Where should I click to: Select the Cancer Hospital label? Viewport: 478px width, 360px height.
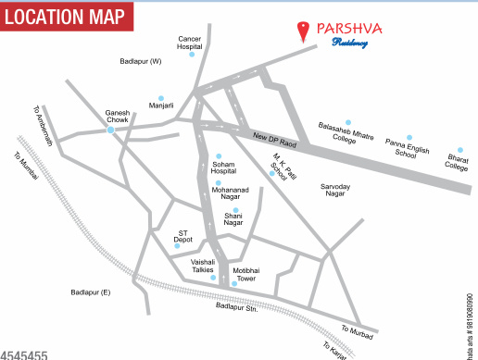pos(190,43)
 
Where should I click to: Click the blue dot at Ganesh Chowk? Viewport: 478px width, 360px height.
pos(110,130)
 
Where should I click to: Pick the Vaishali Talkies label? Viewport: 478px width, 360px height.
pos(203,267)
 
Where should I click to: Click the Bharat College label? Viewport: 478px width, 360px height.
pos(458,162)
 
